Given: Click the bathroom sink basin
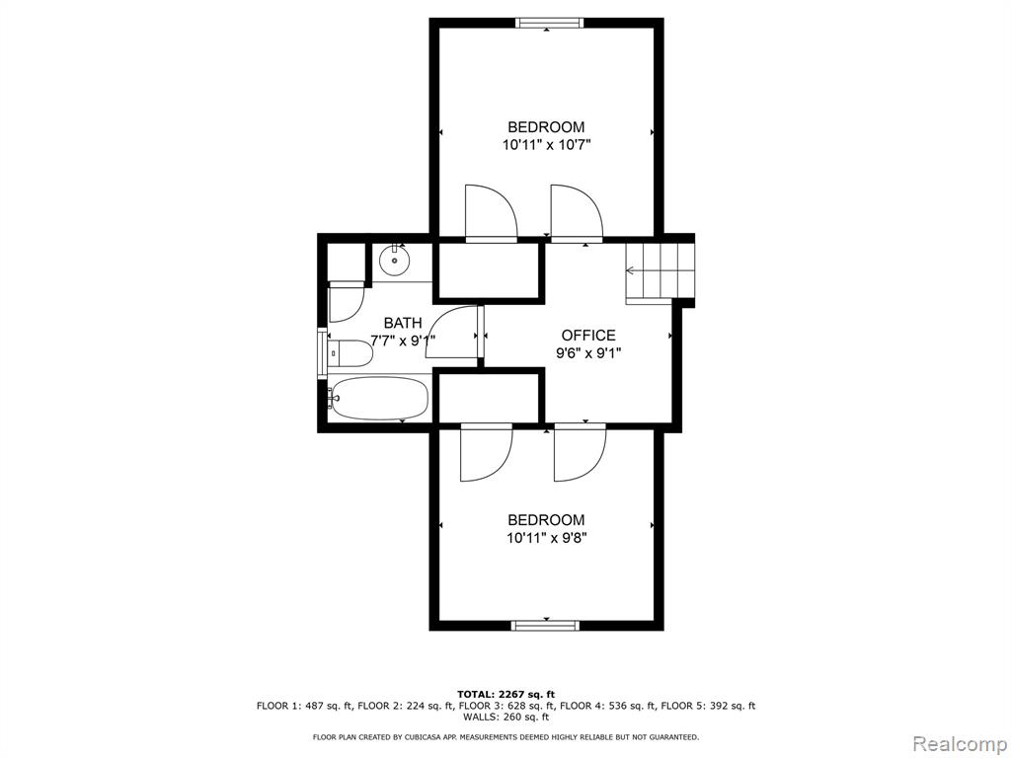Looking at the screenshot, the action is tap(395, 261).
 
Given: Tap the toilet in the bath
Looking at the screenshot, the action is tap(350, 353).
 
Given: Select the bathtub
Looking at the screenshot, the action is tap(378, 399).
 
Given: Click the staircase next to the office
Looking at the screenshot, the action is tap(660, 273).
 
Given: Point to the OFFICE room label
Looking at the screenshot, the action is tap(588, 336).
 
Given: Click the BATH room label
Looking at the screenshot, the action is tap(403, 323).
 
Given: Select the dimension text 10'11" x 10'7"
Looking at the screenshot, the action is tap(547, 145).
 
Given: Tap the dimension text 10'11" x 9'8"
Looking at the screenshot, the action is tap(547, 538).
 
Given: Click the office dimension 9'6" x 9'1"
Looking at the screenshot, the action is tap(588, 352).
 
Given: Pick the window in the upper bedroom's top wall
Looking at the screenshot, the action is tap(549, 24).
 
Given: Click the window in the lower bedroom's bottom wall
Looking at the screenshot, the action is tap(545, 625).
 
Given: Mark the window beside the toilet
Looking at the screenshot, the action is tap(322, 352).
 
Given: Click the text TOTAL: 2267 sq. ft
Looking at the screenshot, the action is tap(505, 694).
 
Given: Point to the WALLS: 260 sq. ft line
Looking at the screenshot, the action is tap(505, 717).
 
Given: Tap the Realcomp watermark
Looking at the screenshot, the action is tap(959, 743).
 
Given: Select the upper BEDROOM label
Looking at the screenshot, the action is tap(547, 127).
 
